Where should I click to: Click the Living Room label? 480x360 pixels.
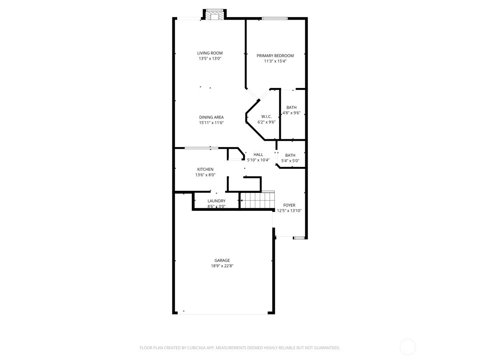point(210,53)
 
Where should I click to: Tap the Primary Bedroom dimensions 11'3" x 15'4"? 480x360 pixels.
point(275,61)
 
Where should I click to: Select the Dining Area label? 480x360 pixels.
point(211,117)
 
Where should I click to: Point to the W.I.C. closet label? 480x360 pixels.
point(261,116)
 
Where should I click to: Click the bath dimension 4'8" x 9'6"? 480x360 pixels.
point(291,113)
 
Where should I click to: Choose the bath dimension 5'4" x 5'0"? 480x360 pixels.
point(290,161)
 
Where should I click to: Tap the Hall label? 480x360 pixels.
point(258,154)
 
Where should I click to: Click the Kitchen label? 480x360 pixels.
point(205,169)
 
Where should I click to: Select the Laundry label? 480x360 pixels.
point(216,201)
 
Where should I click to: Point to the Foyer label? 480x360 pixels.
point(289,205)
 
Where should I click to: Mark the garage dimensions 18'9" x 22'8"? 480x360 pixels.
point(222,266)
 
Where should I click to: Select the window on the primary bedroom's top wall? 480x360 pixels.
point(274,18)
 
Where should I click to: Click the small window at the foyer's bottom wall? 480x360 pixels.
point(299,238)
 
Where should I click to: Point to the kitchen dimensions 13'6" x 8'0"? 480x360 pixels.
point(205,175)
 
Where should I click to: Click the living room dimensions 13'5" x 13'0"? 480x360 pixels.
point(210,58)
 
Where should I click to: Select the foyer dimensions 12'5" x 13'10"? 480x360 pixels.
point(289,210)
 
